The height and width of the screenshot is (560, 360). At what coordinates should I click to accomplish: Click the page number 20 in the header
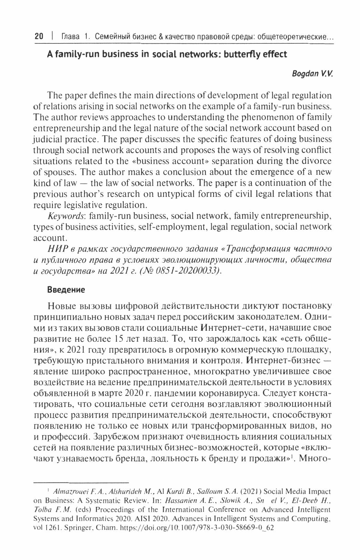(38, 36)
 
